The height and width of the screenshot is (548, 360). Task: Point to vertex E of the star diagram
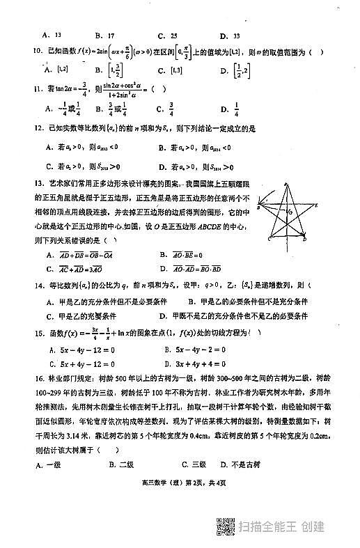pos(317,205)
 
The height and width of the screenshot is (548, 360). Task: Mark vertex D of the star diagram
pos(304,239)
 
